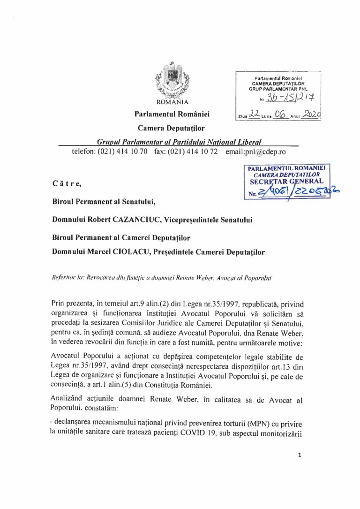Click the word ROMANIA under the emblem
click(172, 101)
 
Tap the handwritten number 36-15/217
click(287, 98)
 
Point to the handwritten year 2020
click(310, 114)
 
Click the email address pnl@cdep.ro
click(255, 152)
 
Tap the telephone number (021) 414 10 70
click(122, 152)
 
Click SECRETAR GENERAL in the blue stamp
click(286, 181)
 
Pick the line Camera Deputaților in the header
click(171, 128)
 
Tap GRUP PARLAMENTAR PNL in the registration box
click(278, 88)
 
